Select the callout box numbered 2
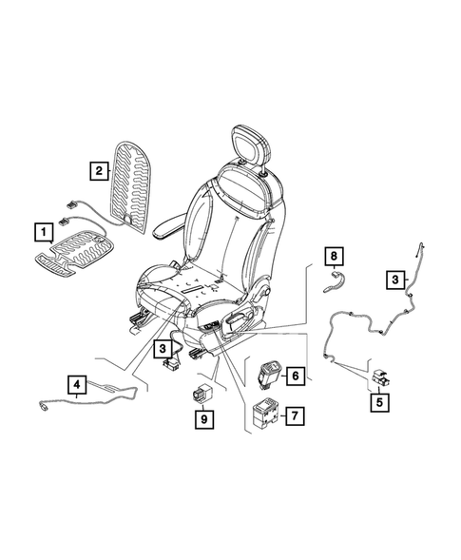click(97, 171)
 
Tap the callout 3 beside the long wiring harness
click(394, 279)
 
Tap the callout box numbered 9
click(202, 416)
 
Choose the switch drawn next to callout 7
click(264, 415)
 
